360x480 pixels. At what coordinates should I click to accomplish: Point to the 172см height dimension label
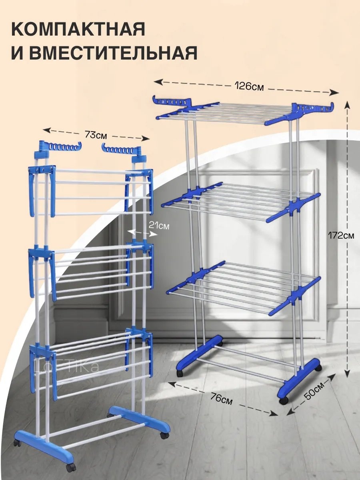(x=341, y=235)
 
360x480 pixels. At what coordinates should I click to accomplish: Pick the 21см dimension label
(x=159, y=225)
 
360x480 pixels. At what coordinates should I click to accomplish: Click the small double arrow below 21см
(x=142, y=233)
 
